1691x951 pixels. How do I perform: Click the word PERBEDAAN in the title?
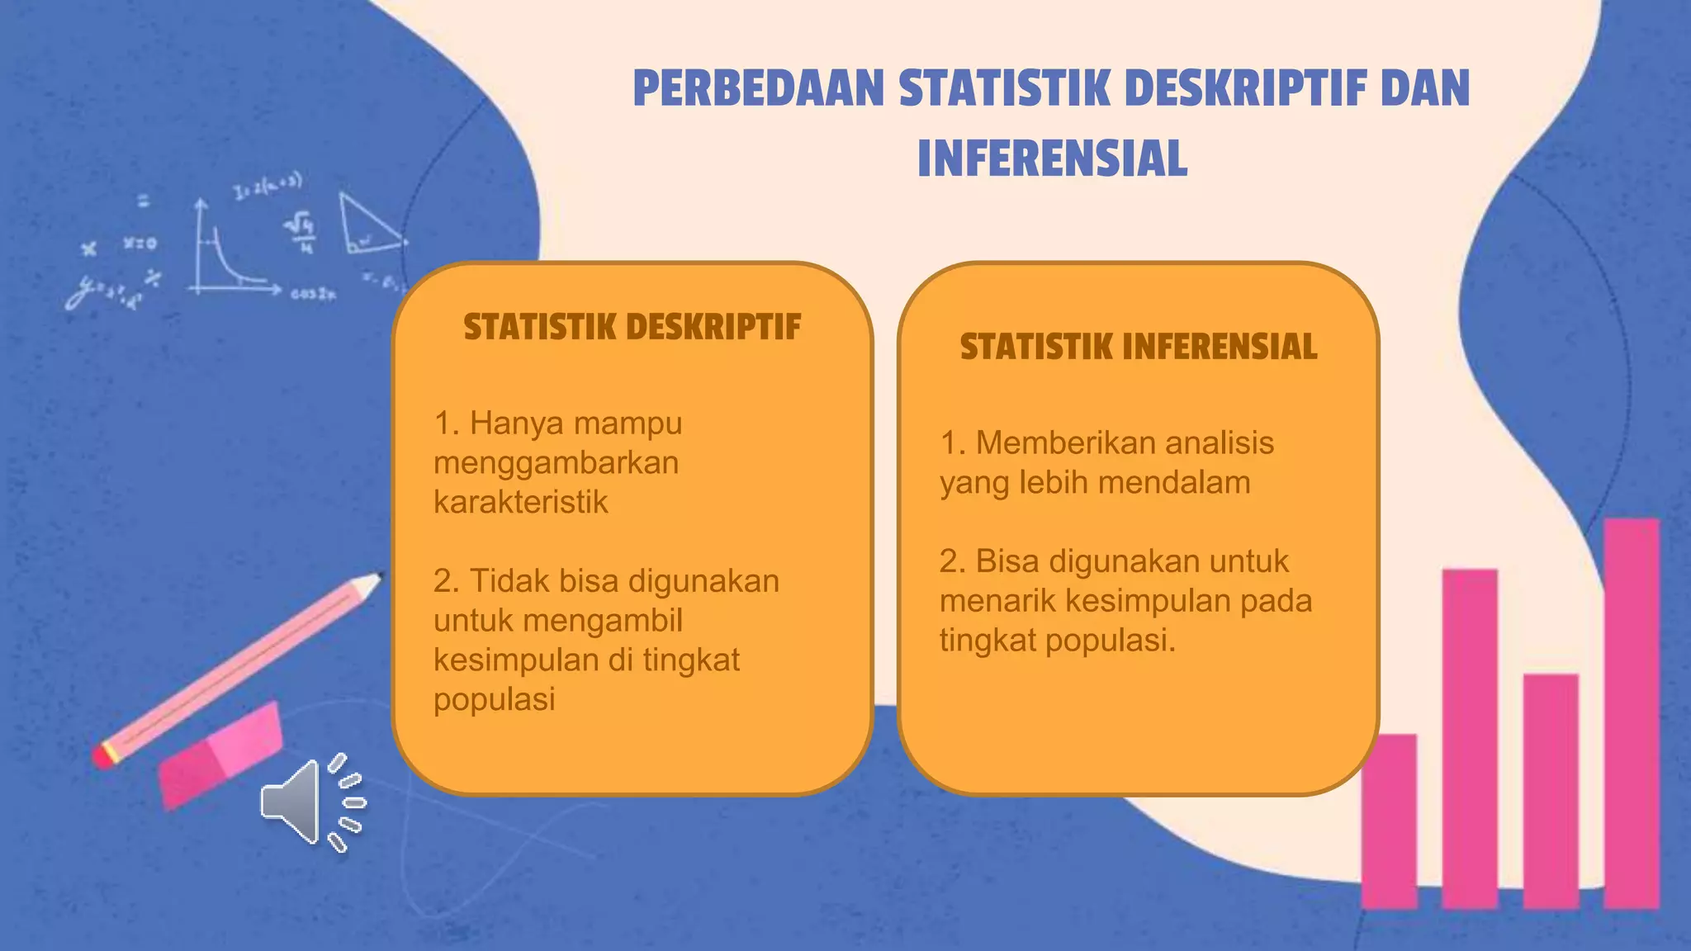click(759, 89)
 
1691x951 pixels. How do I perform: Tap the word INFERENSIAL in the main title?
click(1052, 158)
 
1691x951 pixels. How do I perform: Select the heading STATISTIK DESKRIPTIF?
click(632, 327)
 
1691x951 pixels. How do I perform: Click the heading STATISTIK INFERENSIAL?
click(1138, 347)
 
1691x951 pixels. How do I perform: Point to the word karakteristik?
click(520, 502)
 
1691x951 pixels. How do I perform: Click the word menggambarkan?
click(556, 462)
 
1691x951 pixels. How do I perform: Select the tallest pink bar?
click(1631, 713)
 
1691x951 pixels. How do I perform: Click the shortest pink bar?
click(1389, 821)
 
